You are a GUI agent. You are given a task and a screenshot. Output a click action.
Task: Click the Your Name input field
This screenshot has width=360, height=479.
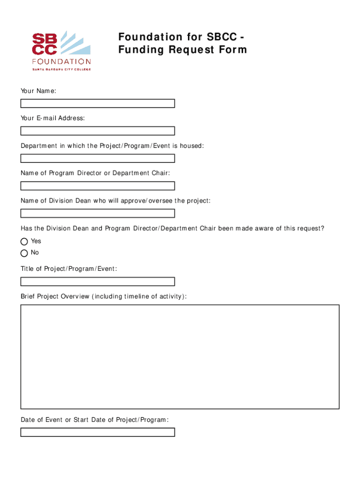click(x=97, y=103)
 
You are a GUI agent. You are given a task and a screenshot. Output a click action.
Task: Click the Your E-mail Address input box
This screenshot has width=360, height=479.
click(x=97, y=131)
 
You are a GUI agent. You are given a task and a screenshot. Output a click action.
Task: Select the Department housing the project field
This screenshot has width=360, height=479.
click(x=97, y=159)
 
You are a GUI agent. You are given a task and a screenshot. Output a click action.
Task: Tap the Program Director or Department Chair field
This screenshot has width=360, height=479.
click(x=97, y=186)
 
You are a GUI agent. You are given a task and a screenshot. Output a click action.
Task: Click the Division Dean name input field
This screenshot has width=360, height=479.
click(x=97, y=213)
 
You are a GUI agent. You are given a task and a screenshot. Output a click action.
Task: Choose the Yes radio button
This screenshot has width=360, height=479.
click(x=24, y=241)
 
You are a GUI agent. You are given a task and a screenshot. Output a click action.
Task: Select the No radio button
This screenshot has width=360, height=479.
click(x=24, y=253)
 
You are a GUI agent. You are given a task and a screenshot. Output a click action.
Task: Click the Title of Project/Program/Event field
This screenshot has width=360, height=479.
click(x=97, y=282)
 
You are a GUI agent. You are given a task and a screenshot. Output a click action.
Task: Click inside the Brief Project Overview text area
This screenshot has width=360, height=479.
click(x=180, y=356)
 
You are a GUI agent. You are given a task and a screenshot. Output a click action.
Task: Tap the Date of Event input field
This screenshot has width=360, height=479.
click(x=97, y=432)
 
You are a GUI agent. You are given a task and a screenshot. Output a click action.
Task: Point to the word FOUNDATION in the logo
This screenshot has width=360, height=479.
click(x=61, y=61)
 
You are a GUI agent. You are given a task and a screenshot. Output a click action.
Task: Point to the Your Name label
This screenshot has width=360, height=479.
click(x=38, y=91)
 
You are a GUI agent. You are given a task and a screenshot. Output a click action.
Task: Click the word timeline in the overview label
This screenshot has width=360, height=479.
click(x=141, y=297)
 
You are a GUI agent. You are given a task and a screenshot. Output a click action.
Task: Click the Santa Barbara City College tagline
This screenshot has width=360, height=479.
click(x=61, y=69)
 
